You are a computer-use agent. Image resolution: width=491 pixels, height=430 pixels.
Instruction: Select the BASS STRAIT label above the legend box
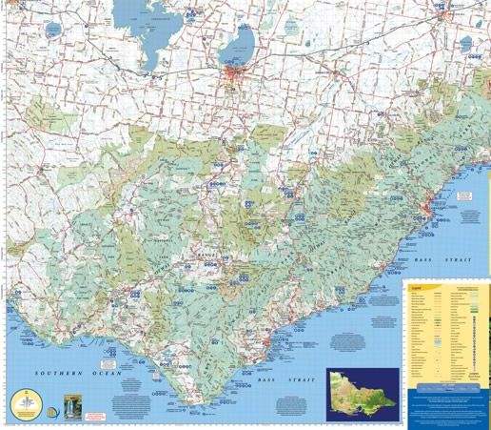pos(433,259)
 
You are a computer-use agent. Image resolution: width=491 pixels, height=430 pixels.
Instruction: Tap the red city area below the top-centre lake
pos(233,76)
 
